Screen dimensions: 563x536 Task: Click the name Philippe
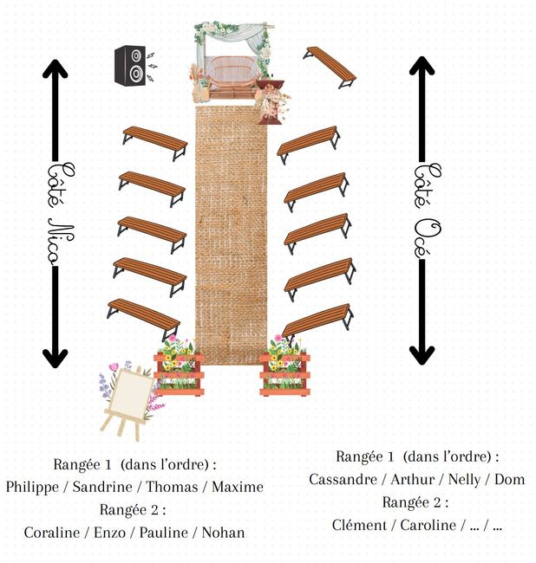click(x=35, y=487)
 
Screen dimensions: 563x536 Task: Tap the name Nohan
click(x=223, y=532)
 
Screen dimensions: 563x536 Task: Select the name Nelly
click(x=464, y=479)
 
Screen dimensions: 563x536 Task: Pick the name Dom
click(x=510, y=479)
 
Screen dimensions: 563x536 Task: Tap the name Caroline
click(x=428, y=524)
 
